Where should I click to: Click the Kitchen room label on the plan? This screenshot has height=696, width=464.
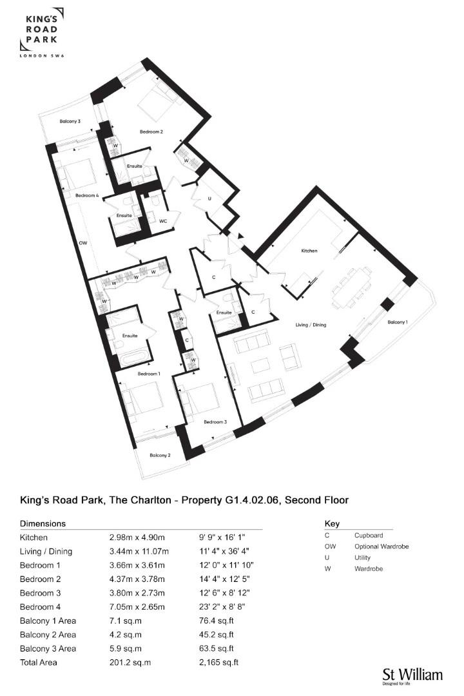pyautogui.click(x=309, y=251)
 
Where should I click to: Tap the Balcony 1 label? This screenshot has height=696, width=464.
pyautogui.click(x=398, y=322)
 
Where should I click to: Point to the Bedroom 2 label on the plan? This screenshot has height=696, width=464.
pyautogui.click(x=151, y=132)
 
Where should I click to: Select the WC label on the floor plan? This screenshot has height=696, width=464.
pyautogui.click(x=163, y=220)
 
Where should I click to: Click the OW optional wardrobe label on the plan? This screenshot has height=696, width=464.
pyautogui.click(x=83, y=243)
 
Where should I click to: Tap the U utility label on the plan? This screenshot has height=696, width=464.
pyautogui.click(x=209, y=199)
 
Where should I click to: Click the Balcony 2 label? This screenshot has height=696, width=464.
pyautogui.click(x=160, y=456)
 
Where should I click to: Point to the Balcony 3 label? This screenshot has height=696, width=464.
pyautogui.click(x=70, y=121)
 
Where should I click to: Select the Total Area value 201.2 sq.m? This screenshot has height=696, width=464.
pyautogui.click(x=130, y=662)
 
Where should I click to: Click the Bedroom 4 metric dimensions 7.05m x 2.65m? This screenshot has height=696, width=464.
pyautogui.click(x=137, y=607)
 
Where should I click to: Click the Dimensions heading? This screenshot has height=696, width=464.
pyautogui.click(x=43, y=523)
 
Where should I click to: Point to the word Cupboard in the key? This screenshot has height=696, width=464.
pyautogui.click(x=369, y=536)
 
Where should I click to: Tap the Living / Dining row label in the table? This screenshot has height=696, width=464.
pyautogui.click(x=46, y=551)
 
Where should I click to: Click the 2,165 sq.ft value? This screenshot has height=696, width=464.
pyautogui.click(x=219, y=662)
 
